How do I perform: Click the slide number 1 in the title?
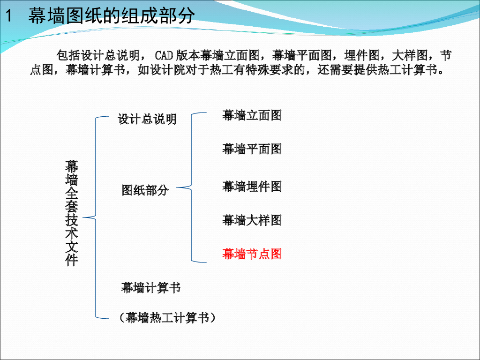8,16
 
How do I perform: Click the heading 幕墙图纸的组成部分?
112,16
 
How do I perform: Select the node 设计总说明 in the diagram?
147,119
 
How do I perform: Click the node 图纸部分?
145,190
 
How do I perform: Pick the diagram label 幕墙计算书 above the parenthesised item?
151,287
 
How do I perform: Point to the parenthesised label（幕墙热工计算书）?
167,317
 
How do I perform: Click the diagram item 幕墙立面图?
252,115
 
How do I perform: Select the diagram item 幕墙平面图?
252,149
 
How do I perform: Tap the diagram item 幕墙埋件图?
252,186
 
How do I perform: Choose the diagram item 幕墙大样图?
252,220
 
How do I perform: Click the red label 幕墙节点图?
252,254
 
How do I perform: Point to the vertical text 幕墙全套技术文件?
72,213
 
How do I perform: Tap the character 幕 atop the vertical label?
72,166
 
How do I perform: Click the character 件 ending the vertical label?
72,260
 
